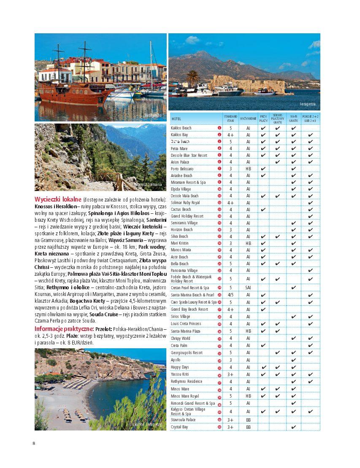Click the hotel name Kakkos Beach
[181, 128]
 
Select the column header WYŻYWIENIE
[248, 119]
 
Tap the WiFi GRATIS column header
[293, 119]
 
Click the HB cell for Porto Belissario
[248, 169]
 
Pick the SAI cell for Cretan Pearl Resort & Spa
[248, 288]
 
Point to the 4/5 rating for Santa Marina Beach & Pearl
[230, 295]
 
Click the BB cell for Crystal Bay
[248, 427]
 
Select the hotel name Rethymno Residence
[187, 382]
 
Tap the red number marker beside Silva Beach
[219, 237]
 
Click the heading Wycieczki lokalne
[58, 199]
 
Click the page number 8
[34, 443]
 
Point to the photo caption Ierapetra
[307, 104]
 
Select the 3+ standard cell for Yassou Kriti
[230, 374]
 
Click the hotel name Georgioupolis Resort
[187, 353]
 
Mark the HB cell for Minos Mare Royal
[248, 396]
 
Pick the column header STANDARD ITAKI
[230, 119]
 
